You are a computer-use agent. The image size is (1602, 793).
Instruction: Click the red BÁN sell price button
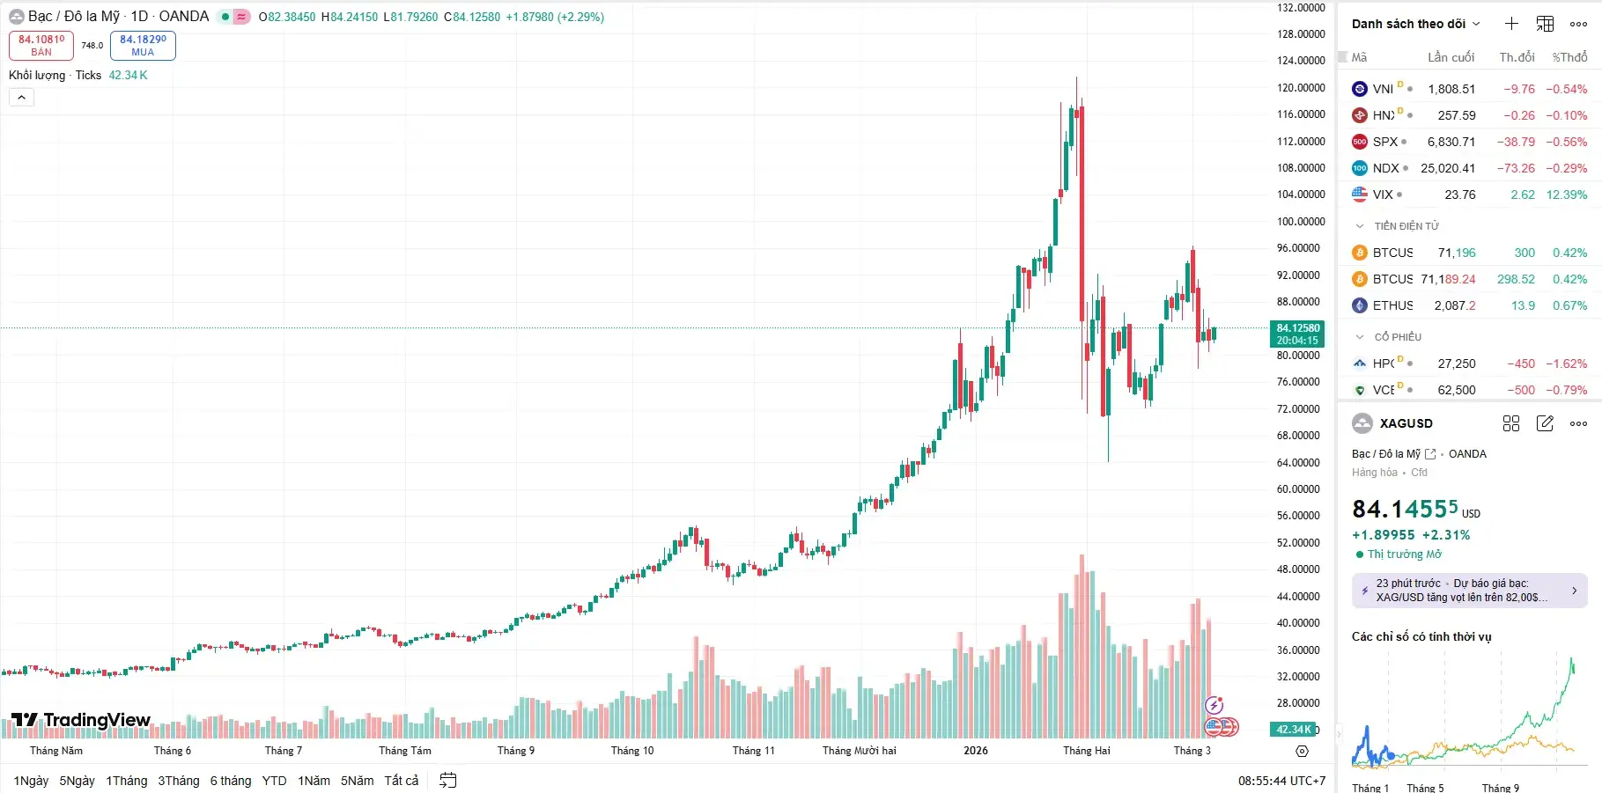[41, 46]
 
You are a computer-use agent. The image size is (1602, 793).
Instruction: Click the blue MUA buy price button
[143, 46]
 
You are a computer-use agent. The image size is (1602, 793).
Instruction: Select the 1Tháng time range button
[127, 781]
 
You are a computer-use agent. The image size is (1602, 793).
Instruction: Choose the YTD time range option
[274, 781]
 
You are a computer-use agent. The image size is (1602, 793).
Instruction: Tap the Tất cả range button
[402, 781]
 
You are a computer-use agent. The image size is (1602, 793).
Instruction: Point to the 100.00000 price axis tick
[1301, 222]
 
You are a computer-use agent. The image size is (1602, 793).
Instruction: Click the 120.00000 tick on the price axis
[1301, 88]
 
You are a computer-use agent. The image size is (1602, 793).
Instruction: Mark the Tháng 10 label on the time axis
[632, 751]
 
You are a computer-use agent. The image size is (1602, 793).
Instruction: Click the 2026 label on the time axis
[976, 751]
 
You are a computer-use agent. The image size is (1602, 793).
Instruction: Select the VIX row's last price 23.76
[1459, 195]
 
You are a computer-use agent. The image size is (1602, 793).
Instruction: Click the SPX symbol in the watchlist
[1384, 142]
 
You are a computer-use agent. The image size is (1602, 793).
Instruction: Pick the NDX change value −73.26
[1516, 168]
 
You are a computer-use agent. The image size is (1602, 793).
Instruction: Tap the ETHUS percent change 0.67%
[1569, 305]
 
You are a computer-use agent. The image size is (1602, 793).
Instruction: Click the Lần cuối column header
[1451, 57]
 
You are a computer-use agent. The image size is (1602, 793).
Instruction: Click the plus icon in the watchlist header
[1511, 24]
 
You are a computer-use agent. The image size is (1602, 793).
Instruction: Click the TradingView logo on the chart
[81, 720]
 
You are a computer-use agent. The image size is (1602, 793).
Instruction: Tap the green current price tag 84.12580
[1297, 334]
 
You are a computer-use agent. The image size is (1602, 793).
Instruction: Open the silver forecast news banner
[1469, 591]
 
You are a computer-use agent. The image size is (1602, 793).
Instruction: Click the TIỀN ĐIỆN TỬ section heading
[1406, 226]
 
